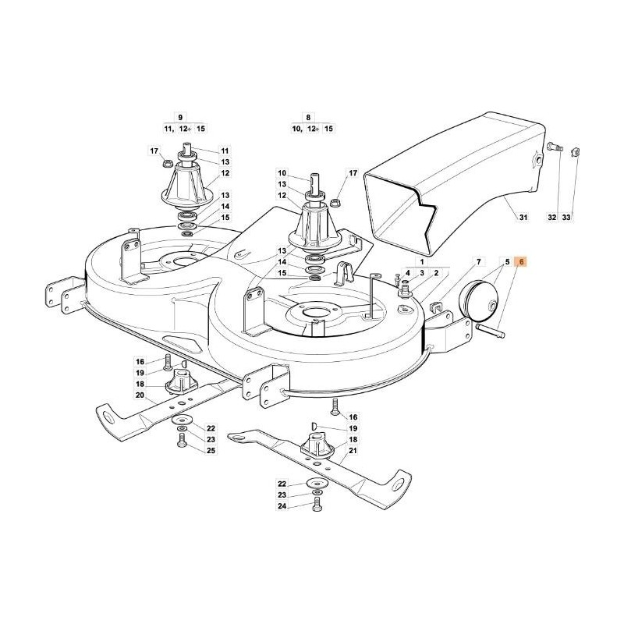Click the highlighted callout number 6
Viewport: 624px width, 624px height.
point(522,263)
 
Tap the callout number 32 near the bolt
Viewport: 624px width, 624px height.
point(552,219)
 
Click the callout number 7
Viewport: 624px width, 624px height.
point(480,263)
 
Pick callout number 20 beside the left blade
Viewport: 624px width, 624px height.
point(140,395)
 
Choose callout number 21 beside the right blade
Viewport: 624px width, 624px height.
point(353,450)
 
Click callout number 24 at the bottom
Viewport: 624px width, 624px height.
point(282,506)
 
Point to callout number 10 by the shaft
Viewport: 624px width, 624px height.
point(282,173)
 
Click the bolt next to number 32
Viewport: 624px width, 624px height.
point(553,147)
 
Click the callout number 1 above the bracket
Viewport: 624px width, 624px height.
point(422,263)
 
